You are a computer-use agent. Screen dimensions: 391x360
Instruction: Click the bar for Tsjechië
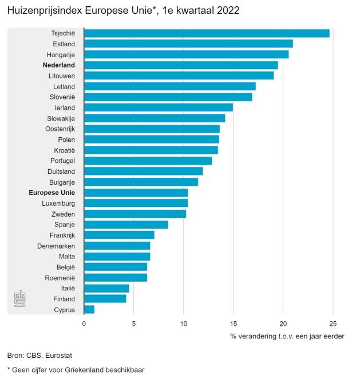(206, 33)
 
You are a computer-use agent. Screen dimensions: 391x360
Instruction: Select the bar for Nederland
(180, 65)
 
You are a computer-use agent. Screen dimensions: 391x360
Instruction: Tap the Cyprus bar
(89, 309)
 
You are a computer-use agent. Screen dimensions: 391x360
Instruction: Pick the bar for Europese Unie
(136, 193)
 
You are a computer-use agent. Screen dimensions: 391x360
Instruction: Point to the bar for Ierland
(158, 107)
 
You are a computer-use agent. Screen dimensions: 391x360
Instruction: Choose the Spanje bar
(126, 225)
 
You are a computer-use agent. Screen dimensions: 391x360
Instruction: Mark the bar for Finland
(105, 298)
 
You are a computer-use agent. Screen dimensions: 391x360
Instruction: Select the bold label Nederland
(59, 65)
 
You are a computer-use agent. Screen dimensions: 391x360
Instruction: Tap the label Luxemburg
(58, 204)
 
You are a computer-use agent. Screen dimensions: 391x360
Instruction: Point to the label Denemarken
(56, 246)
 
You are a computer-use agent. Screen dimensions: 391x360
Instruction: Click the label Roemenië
(60, 278)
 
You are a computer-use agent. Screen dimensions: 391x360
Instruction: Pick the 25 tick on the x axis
(333, 324)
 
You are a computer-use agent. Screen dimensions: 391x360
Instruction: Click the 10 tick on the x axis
(183, 324)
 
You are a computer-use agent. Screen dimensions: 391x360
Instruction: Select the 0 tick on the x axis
(84, 324)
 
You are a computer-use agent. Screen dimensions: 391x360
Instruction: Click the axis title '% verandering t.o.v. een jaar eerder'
(287, 336)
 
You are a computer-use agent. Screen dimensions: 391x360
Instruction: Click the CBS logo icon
(20, 299)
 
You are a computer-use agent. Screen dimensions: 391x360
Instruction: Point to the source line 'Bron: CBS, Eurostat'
(39, 356)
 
